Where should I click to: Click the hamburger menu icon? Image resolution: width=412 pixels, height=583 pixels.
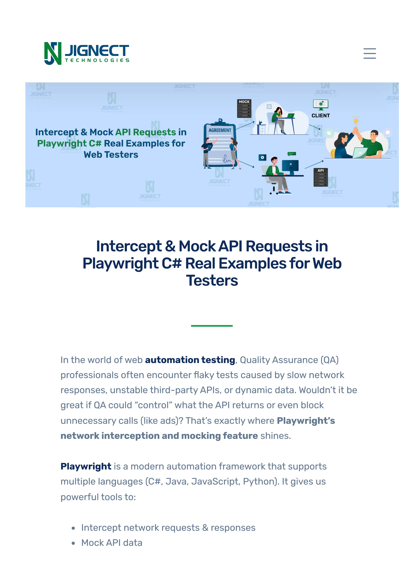point(369,54)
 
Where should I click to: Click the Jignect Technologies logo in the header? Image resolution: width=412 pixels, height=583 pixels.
point(87,54)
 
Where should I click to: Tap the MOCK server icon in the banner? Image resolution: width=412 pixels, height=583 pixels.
point(244,108)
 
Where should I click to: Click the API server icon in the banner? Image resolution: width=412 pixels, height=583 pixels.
point(321,177)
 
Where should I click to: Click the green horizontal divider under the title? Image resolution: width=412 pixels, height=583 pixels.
point(212,326)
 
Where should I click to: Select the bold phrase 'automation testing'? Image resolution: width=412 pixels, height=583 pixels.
point(190,360)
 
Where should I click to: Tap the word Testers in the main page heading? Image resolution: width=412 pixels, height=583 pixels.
point(212,281)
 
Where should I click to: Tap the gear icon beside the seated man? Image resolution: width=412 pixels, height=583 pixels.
point(262,158)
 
